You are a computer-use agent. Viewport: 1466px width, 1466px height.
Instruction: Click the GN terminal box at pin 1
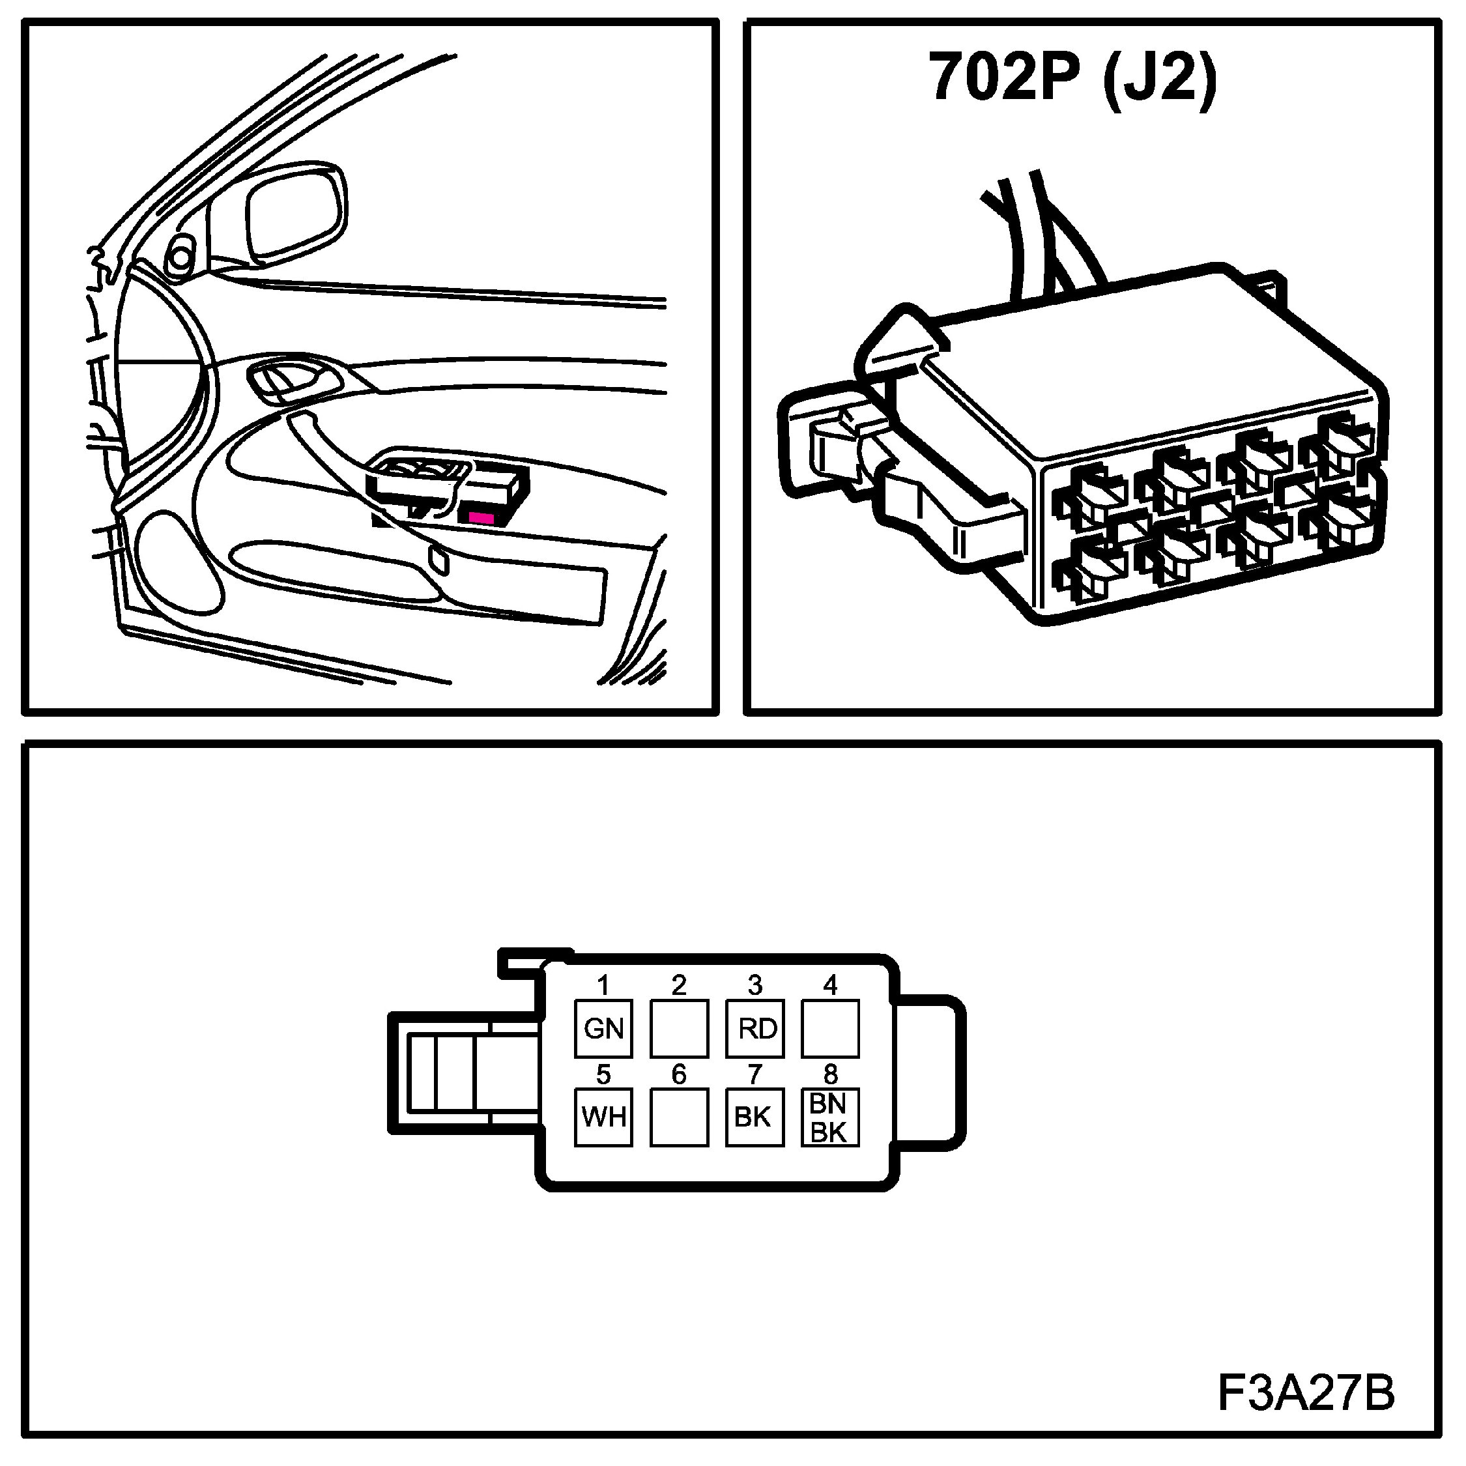603,1028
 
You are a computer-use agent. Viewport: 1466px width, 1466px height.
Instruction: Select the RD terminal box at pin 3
755,1028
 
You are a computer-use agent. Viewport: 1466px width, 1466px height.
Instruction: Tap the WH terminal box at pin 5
603,1117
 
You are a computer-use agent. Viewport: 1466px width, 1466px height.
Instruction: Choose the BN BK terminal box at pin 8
830,1117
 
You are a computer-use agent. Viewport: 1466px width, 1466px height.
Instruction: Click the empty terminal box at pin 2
679,1028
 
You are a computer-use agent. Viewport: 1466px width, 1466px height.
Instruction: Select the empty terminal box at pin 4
830,1028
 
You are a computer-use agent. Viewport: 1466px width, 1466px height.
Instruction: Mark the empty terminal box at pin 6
679,1117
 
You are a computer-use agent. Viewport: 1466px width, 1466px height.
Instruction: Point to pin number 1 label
603,986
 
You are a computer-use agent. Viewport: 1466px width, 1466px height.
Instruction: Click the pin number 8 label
830,1074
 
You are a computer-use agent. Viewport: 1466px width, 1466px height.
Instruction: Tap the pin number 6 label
679,1074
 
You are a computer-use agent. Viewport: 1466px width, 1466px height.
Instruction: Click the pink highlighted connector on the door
481,517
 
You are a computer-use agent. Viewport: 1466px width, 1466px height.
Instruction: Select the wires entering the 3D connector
1039,235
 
